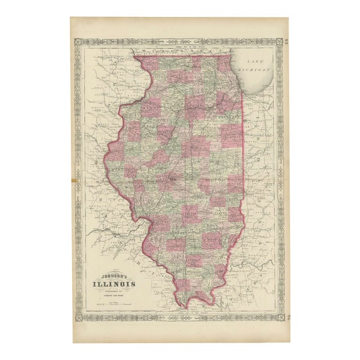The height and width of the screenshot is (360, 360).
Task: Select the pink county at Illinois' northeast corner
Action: tap(226, 63)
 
